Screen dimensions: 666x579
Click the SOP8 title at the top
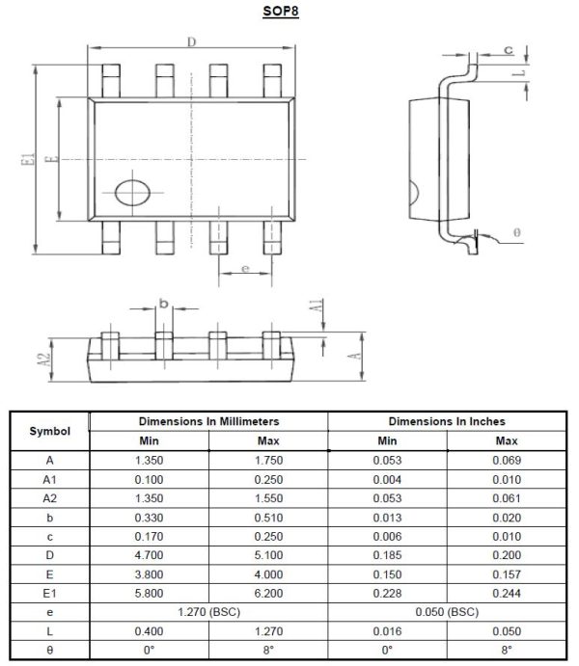click(289, 11)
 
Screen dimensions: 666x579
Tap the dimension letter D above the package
click(191, 41)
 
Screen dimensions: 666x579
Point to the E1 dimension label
click(28, 160)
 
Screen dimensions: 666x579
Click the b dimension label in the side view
click(163, 304)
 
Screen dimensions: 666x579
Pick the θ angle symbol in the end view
click(518, 233)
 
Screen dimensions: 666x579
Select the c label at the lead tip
click(508, 49)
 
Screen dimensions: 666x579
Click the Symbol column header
click(48, 430)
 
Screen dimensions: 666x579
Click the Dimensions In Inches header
click(447, 421)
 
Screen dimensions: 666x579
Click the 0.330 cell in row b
click(149, 517)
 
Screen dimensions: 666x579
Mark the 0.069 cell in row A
click(507, 460)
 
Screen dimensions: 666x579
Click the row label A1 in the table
click(48, 479)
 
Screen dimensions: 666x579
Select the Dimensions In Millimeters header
click(208, 421)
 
